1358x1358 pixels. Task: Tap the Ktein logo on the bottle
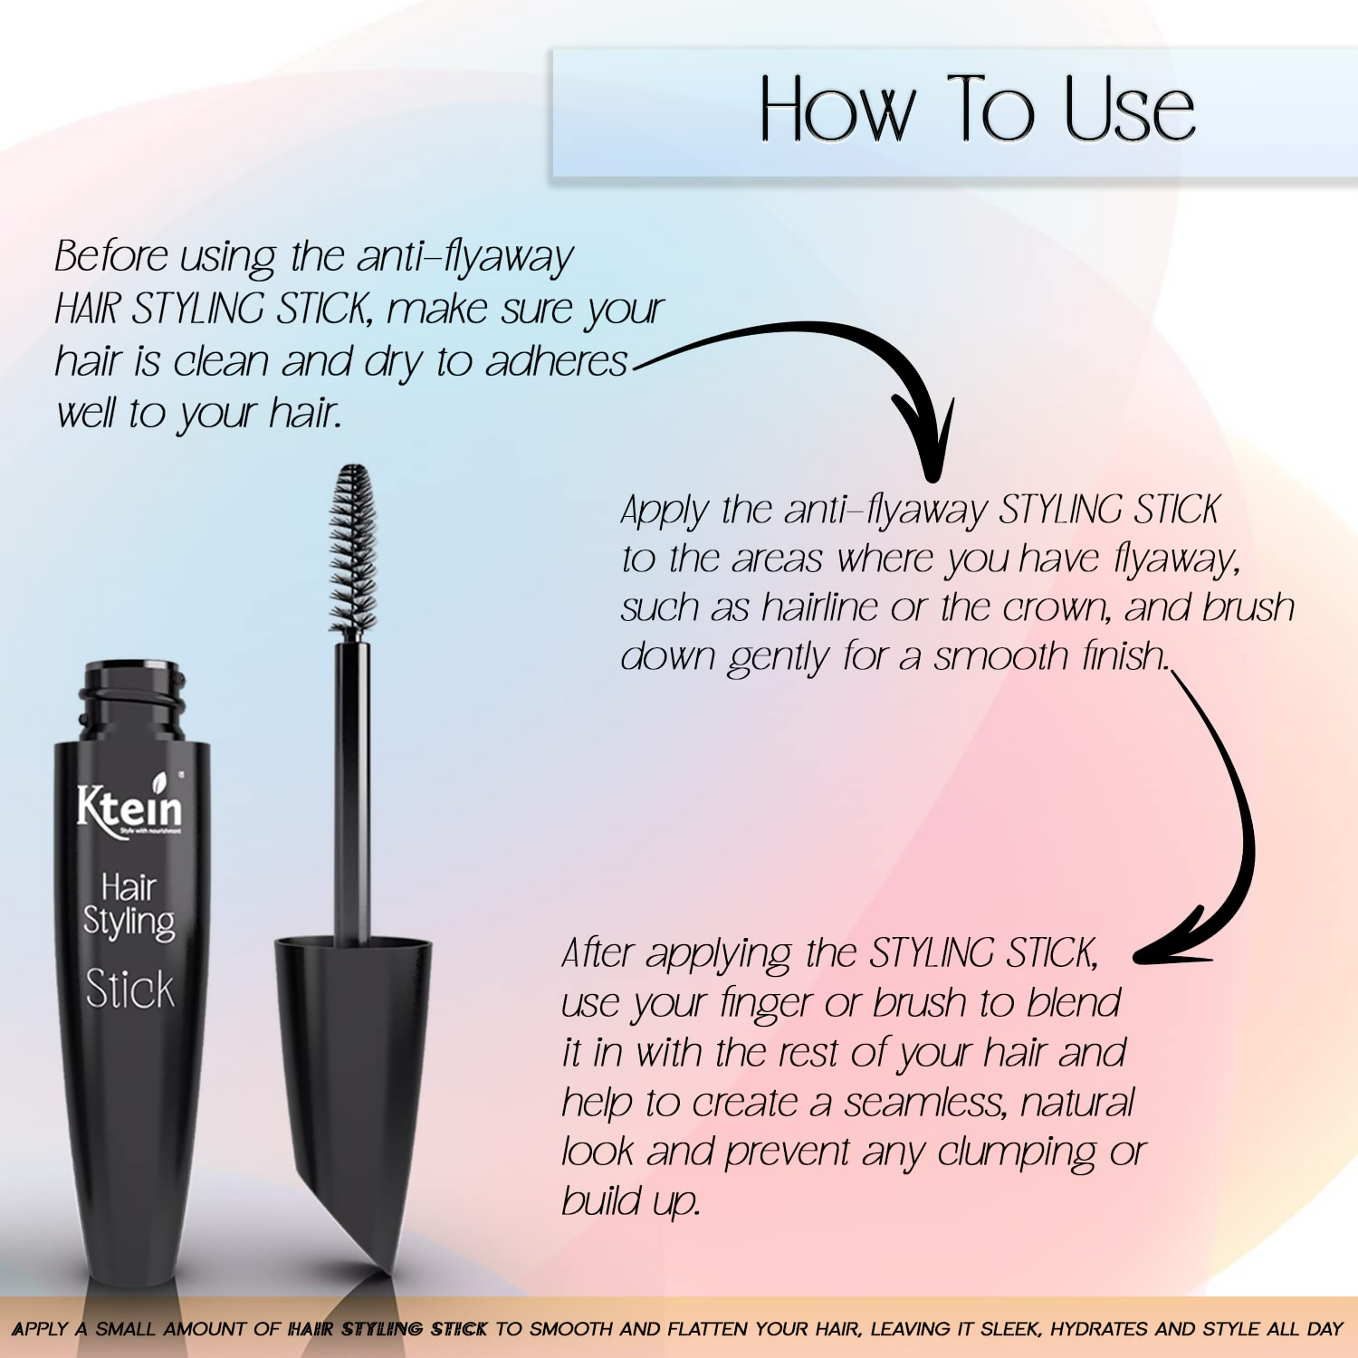[x=129, y=807]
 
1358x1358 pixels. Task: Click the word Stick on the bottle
[x=129, y=990]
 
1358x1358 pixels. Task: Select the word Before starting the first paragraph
[x=110, y=256]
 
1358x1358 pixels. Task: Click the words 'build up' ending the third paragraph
[x=630, y=1202]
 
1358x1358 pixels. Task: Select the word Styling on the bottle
[x=129, y=923]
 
